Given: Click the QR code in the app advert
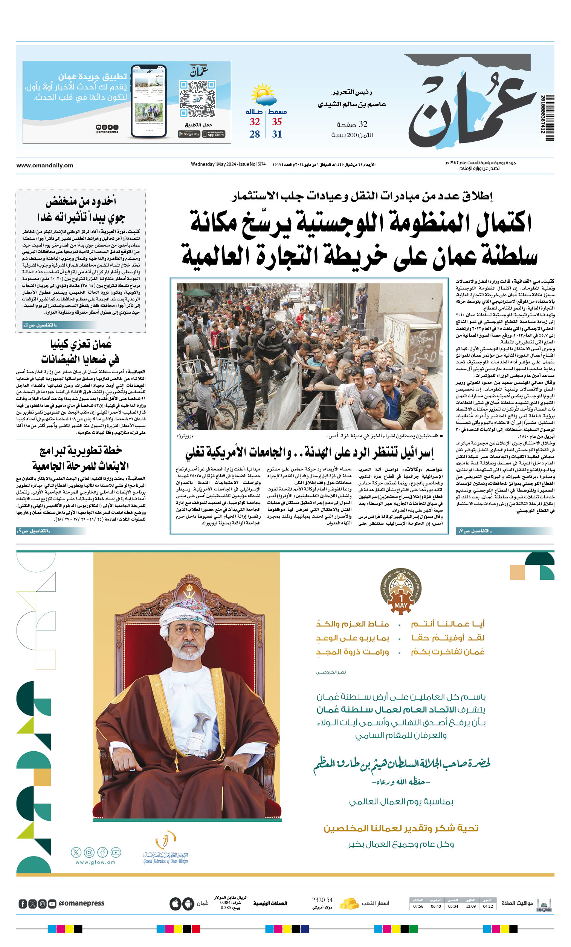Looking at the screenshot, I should [197, 98].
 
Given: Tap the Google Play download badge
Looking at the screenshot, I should [189, 134].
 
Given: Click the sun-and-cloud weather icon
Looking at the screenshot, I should [263, 95].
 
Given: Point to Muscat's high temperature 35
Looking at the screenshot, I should [277, 122].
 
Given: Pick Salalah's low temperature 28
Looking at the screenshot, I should [255, 134].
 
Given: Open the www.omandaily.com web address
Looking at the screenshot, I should [44, 165].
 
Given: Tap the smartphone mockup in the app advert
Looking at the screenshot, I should [149, 101].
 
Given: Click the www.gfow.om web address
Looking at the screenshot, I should [95, 862].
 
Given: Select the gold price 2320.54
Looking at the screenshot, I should [322, 900].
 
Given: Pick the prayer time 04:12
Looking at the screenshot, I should [488, 906].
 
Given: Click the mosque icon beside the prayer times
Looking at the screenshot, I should [544, 904].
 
